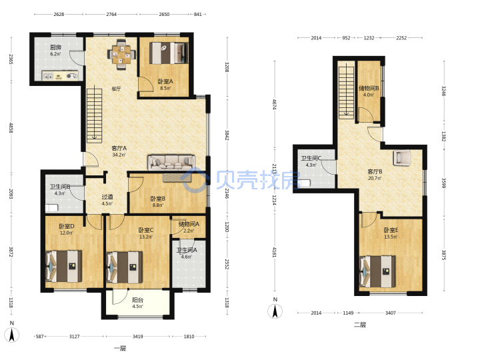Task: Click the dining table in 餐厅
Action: (121, 55)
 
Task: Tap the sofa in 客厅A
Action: (171, 162)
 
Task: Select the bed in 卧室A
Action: (169, 53)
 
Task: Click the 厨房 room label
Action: (56, 47)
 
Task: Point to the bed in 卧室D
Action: (64, 266)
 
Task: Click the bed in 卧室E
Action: (377, 271)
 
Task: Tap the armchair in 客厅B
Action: (402, 157)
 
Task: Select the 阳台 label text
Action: (137, 300)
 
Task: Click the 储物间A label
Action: (189, 224)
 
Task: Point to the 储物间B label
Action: (369, 88)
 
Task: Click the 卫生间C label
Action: (311, 158)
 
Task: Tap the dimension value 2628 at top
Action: (59, 14)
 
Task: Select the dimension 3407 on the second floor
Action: (390, 313)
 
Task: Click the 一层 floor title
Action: (120, 348)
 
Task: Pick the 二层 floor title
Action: (360, 325)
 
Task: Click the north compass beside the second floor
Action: (275, 309)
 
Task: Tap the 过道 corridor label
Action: (107, 197)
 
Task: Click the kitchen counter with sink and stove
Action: (60, 75)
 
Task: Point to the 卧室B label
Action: (158, 199)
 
